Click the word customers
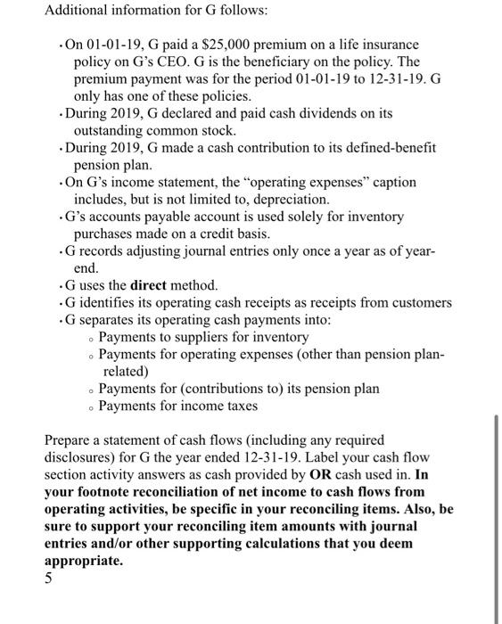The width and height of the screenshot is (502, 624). coord(419,302)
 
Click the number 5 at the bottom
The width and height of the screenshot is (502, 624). coord(49,579)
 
